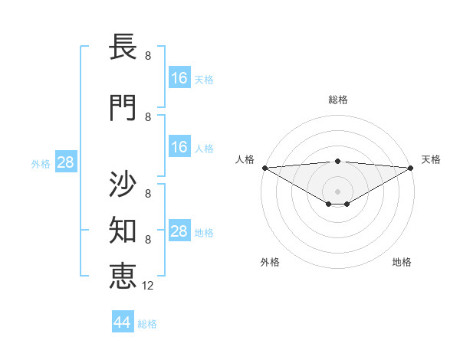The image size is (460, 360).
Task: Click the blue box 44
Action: click(x=122, y=322)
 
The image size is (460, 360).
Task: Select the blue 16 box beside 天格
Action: click(x=179, y=78)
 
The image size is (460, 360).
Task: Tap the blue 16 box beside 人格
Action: click(x=179, y=147)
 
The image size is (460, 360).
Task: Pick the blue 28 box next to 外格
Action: click(x=64, y=162)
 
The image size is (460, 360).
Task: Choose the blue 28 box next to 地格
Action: click(x=179, y=231)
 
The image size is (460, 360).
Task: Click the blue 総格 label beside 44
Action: click(x=147, y=324)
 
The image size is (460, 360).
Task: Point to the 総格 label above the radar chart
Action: click(x=337, y=100)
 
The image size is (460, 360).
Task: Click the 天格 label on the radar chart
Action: click(x=432, y=159)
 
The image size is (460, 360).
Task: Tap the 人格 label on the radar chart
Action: click(x=245, y=159)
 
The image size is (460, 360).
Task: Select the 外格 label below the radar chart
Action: click(x=270, y=262)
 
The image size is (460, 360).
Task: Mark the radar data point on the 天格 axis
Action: click(x=410, y=167)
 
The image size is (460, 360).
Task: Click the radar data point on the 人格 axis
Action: click(x=264, y=167)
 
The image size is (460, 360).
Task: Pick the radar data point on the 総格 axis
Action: click(x=337, y=161)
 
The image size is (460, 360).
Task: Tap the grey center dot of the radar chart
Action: click(x=337, y=191)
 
